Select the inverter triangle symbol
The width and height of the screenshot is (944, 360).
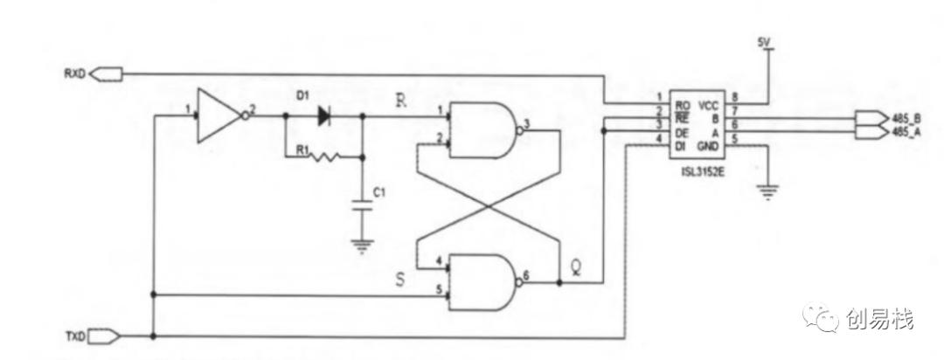pos(218,114)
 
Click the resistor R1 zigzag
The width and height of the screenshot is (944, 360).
pos(325,157)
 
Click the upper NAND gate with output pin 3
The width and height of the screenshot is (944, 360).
pos(482,130)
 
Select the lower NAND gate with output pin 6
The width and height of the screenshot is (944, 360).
pos(482,282)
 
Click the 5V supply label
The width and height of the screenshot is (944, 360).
pos(764,42)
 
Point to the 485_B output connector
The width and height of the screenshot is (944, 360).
pos(871,117)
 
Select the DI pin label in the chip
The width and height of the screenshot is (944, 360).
pos(679,144)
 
